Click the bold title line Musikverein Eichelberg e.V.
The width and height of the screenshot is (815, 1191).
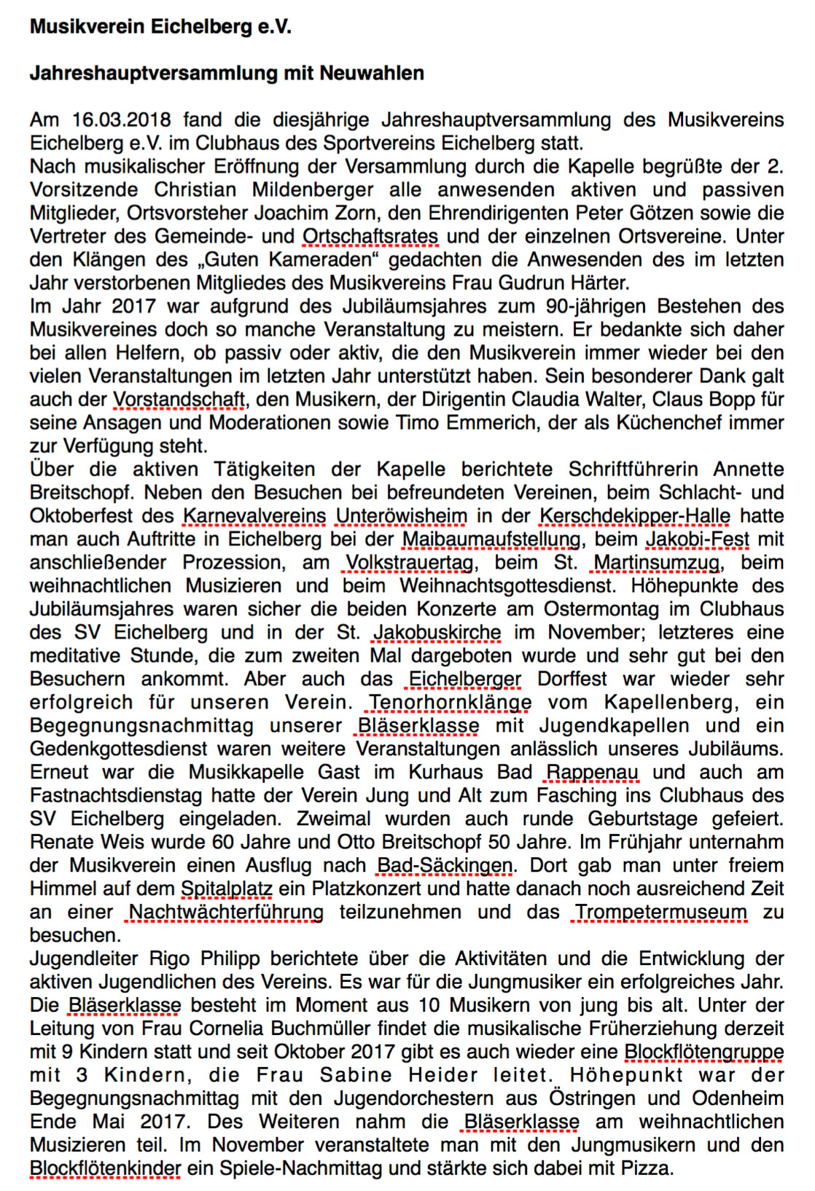(x=160, y=27)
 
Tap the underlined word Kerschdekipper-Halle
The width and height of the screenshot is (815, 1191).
(x=635, y=516)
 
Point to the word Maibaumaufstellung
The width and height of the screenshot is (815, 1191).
(x=491, y=539)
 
